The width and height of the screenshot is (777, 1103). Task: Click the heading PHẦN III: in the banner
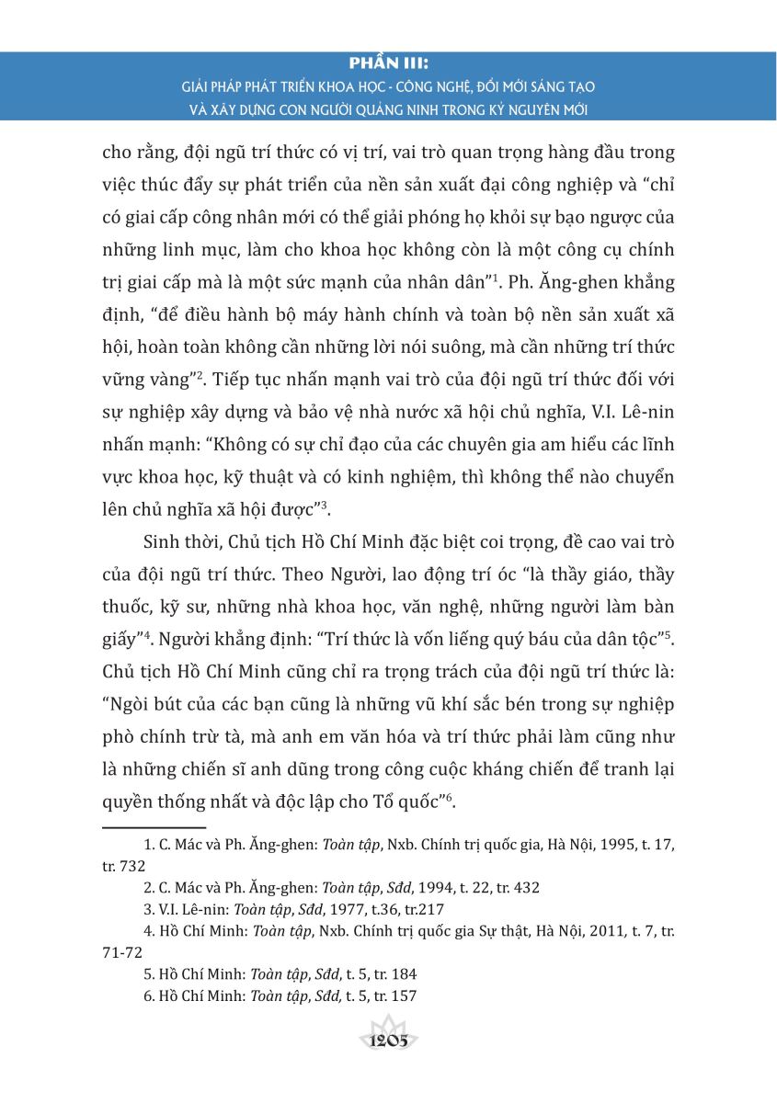pos(389,64)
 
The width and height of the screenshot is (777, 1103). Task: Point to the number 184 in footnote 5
pos(406,974)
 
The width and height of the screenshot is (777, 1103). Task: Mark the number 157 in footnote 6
pos(406,996)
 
